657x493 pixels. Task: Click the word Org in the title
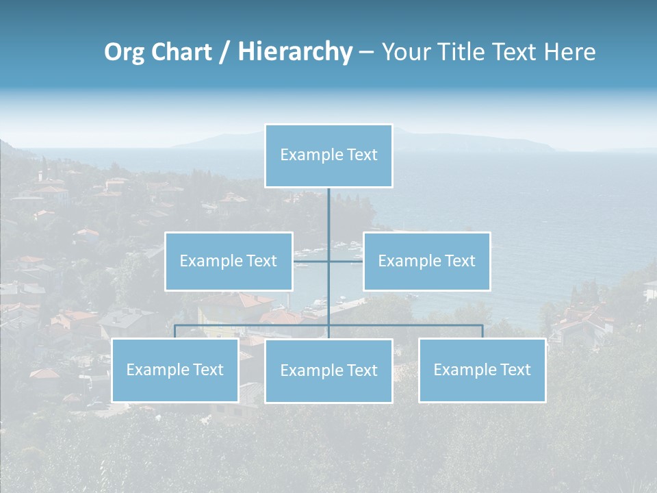pyautogui.click(x=125, y=52)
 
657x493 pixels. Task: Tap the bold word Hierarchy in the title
pyautogui.click(x=295, y=52)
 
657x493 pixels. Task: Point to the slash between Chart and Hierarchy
pyautogui.click(x=224, y=53)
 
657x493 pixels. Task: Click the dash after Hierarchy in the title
pyautogui.click(x=366, y=53)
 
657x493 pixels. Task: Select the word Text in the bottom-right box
pyautogui.click(x=514, y=370)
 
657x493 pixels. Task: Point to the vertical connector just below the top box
pyautogui.click(x=328, y=205)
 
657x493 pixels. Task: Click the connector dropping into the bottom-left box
pyautogui.click(x=175, y=331)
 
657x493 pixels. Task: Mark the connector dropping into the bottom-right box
pyautogui.click(x=482, y=331)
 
